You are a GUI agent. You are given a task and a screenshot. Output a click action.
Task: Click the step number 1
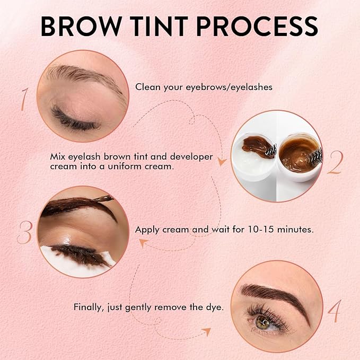24,99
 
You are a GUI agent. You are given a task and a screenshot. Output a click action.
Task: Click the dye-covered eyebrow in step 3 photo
74,208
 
